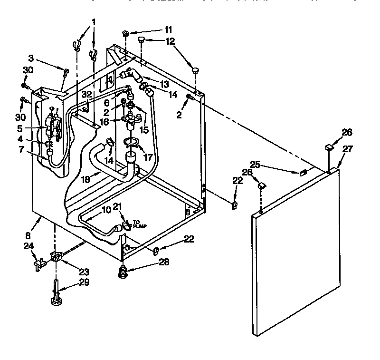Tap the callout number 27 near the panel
(348, 148)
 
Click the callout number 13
(165, 84)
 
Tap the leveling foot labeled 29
(56, 292)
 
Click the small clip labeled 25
(302, 173)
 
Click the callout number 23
(84, 272)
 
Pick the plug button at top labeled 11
(125, 33)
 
